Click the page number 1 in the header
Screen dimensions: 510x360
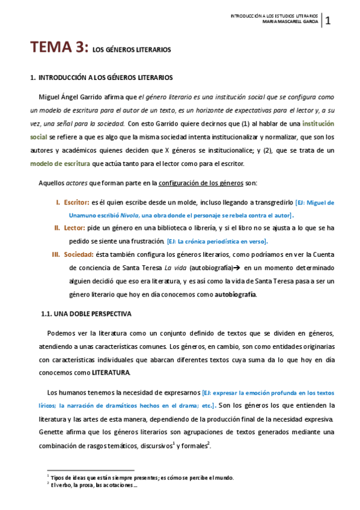pos(329,22)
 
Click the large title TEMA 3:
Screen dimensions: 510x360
pos(59,48)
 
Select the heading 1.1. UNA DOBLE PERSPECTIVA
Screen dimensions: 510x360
pos(85,313)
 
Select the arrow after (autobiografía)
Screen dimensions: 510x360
pos(238,268)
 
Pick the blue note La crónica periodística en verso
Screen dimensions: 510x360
pos(218,241)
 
